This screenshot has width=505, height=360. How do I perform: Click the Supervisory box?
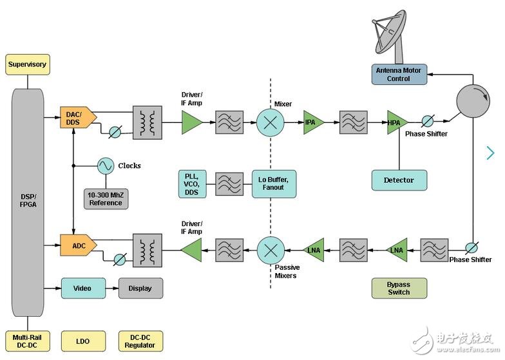click(27, 64)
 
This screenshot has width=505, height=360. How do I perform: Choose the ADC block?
click(77, 245)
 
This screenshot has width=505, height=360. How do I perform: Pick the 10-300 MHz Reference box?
click(106, 198)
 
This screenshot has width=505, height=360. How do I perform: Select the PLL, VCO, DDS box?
click(193, 184)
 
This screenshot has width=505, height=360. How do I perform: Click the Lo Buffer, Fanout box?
click(274, 184)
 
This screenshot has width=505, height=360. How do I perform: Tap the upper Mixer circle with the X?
click(270, 122)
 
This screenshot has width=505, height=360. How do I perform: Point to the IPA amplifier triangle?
click(312, 122)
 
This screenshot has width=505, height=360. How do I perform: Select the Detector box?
click(399, 180)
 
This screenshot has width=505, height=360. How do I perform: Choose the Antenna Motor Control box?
click(399, 74)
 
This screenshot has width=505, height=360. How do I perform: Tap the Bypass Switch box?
click(399, 288)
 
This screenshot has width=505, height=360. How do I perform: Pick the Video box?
click(83, 288)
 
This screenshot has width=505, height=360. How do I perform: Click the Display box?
click(140, 288)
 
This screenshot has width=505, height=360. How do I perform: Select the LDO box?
click(83, 341)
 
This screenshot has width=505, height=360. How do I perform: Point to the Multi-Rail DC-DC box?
click(27, 341)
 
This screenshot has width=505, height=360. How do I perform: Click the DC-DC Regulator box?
click(140, 341)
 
